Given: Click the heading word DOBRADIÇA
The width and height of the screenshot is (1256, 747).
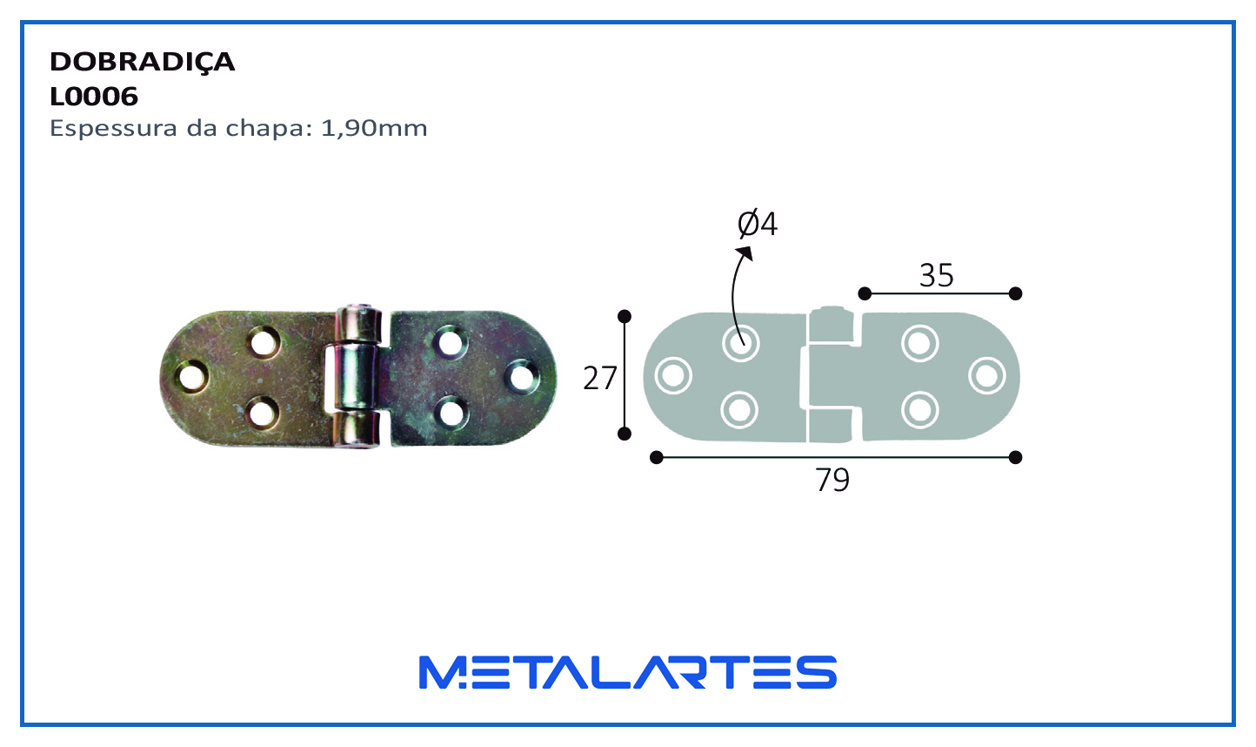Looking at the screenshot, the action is pos(142,63).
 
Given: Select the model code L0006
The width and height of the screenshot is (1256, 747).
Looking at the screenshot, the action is pos(94,97).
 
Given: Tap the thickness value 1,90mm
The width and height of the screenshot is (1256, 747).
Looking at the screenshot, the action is pos(374,129).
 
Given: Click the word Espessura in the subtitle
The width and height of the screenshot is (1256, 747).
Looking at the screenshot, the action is pos(114,129).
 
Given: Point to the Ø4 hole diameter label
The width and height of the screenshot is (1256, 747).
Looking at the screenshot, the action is pos(757,224).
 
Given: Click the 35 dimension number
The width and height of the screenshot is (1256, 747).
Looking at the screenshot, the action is pos(937,276).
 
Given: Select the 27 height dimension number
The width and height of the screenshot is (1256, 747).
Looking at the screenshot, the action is pos(600,378).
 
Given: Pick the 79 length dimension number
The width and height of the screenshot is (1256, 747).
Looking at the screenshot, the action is pos(832,480).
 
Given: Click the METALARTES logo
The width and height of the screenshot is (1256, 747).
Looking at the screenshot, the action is pos(628,672).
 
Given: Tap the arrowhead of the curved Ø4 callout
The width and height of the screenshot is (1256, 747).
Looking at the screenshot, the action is pos(745,253).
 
